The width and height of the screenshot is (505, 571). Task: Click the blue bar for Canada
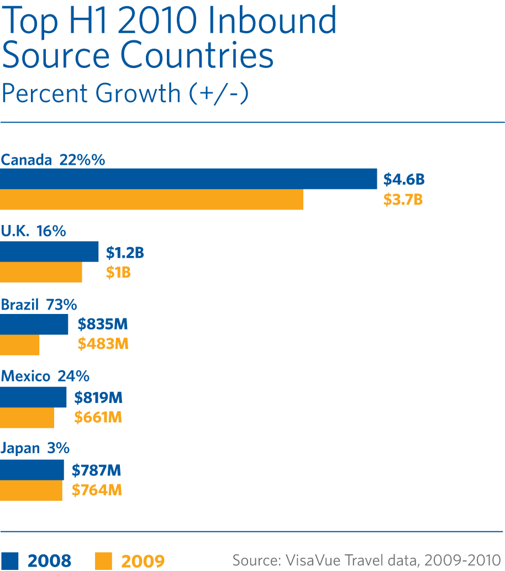(x=188, y=179)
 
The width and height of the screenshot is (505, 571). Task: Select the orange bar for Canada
(x=151, y=200)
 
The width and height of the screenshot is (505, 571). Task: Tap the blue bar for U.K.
(x=49, y=252)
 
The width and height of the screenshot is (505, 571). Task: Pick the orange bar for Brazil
(x=20, y=344)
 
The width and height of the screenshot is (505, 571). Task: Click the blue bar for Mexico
(x=33, y=397)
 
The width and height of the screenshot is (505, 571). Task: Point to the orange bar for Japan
(x=31, y=490)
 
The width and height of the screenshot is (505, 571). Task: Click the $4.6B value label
(x=404, y=180)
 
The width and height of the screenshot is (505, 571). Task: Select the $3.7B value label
(x=403, y=200)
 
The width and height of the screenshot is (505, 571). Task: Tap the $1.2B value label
(x=125, y=253)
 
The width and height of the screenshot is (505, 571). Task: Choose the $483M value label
(x=103, y=344)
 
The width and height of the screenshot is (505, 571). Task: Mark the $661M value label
(x=98, y=417)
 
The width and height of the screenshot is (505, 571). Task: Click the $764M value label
(x=97, y=490)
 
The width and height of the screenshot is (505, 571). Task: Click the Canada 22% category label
(x=53, y=160)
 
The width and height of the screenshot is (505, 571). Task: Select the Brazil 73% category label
(x=39, y=305)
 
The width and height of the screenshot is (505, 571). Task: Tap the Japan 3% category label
(x=35, y=448)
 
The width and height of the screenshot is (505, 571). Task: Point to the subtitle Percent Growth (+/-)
(x=125, y=93)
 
